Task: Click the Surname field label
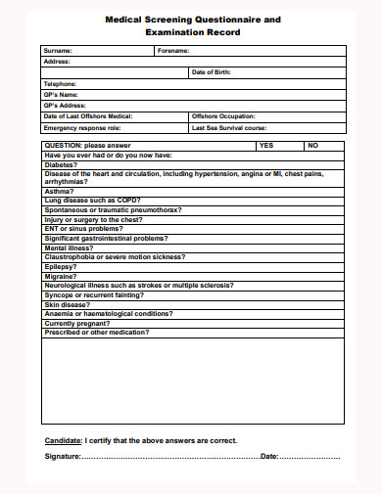point(59,50)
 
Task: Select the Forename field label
point(174,50)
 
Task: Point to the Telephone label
point(62,84)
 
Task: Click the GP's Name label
point(64,94)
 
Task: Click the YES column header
point(265,145)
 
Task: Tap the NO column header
point(312,145)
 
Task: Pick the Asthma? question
point(59,191)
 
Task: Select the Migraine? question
point(62,278)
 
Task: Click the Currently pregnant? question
point(77,323)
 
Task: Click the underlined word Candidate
point(63,439)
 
